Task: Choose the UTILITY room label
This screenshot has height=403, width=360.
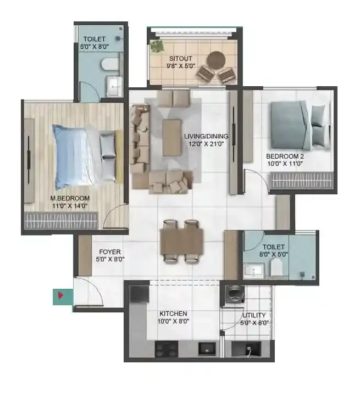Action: (x=254, y=315)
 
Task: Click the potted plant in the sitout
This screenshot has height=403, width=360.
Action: (x=157, y=46)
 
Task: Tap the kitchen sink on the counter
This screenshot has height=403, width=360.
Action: (x=207, y=348)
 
